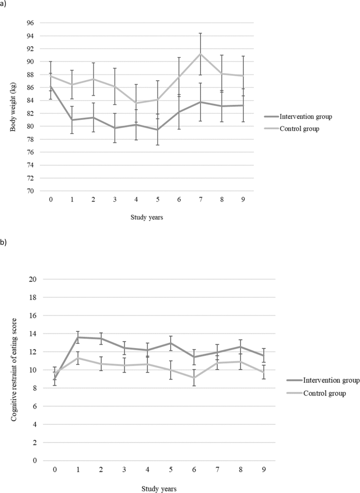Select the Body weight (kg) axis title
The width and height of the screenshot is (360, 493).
(x=12, y=107)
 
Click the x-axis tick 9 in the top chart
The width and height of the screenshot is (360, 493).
(x=243, y=201)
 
